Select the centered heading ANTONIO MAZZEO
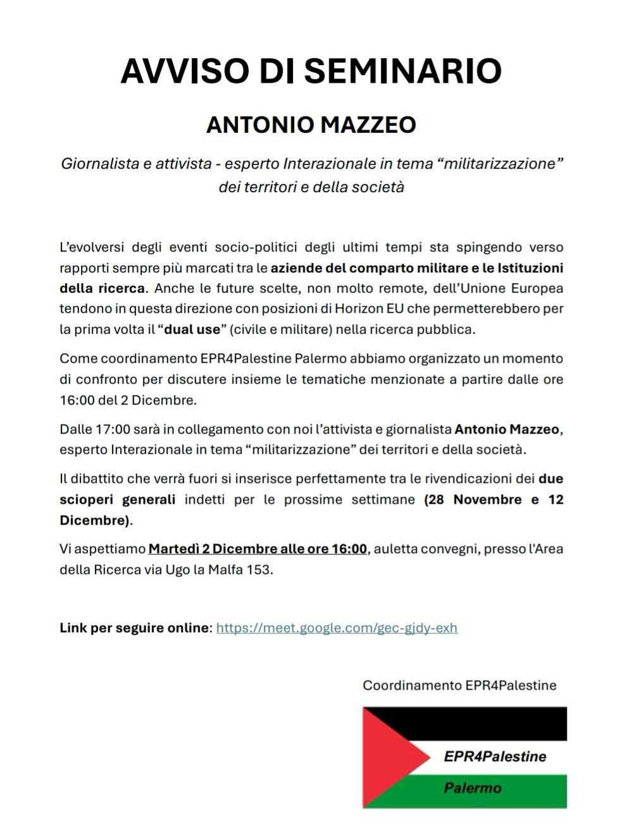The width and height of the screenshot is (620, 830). pos(311,125)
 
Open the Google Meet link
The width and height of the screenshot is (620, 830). pos(337,628)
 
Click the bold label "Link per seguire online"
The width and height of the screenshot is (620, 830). pos(135,628)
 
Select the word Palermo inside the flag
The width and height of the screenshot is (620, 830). pos(473,788)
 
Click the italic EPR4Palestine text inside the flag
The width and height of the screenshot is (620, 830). pos(495,756)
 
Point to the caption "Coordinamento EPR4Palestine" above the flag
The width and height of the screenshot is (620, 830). pos(459,685)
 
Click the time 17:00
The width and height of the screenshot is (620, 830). pos(113,429)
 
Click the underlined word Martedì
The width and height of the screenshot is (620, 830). pos(172,548)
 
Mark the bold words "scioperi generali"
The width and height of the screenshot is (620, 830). pos(118,499)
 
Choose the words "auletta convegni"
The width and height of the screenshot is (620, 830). pos(427,548)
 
